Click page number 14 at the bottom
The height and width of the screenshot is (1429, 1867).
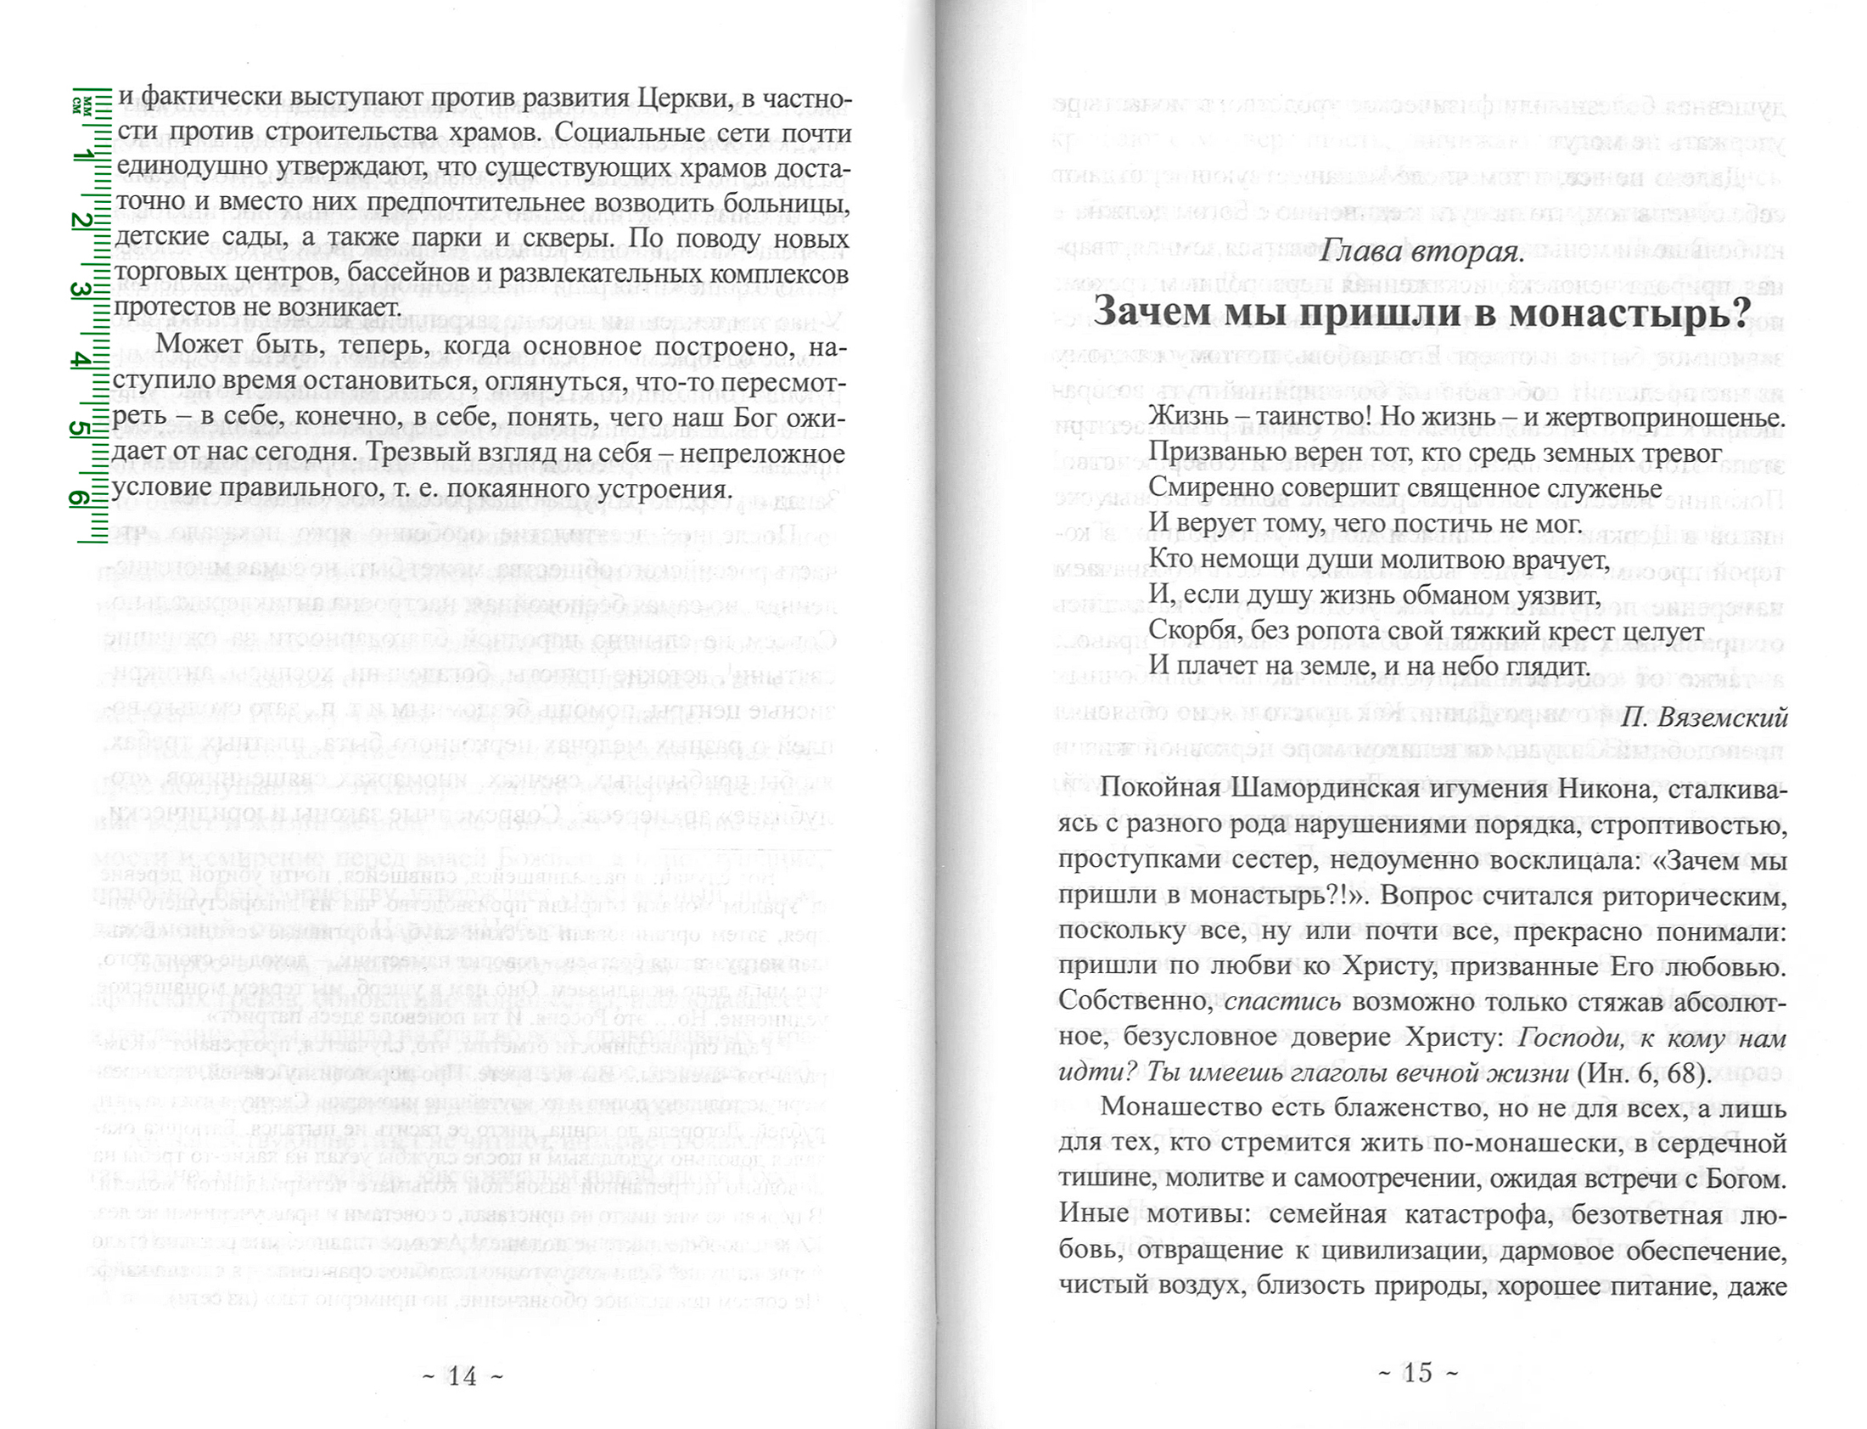point(463,1376)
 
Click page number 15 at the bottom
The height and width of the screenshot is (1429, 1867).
point(1417,1373)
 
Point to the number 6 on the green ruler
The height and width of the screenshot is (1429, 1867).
point(79,498)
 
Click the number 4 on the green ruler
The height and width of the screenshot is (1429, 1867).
point(81,361)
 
